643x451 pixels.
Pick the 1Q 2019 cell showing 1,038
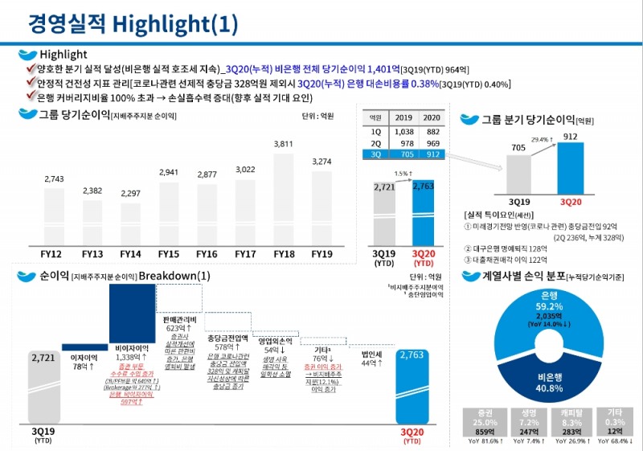tap(403, 131)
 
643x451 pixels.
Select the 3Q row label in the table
tap(376, 155)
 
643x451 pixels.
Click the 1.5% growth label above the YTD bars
tap(402, 173)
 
